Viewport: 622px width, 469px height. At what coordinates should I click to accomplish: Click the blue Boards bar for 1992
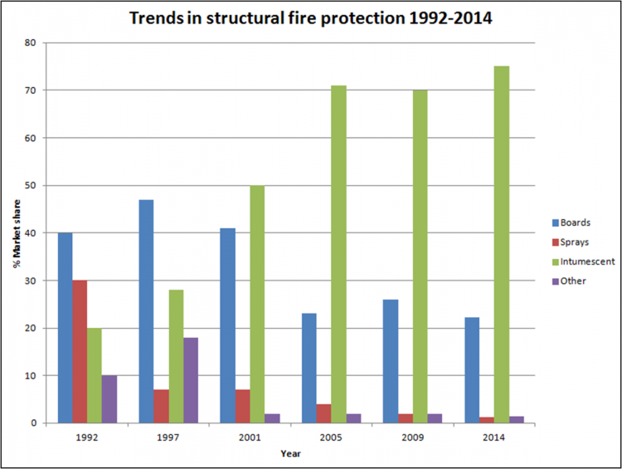coord(65,328)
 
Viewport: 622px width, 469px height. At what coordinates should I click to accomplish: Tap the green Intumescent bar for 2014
coord(502,245)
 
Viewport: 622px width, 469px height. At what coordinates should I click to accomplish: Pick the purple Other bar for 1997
coord(191,380)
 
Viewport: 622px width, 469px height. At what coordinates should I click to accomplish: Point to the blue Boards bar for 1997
coord(146,311)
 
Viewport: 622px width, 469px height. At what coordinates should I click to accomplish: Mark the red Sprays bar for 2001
coord(243,406)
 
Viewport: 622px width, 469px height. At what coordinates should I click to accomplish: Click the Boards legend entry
coord(572,222)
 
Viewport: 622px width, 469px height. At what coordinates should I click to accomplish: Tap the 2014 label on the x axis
coord(494,437)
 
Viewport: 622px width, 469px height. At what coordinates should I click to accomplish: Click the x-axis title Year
coord(290,453)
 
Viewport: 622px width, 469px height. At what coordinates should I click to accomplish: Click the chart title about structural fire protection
coord(311,18)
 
